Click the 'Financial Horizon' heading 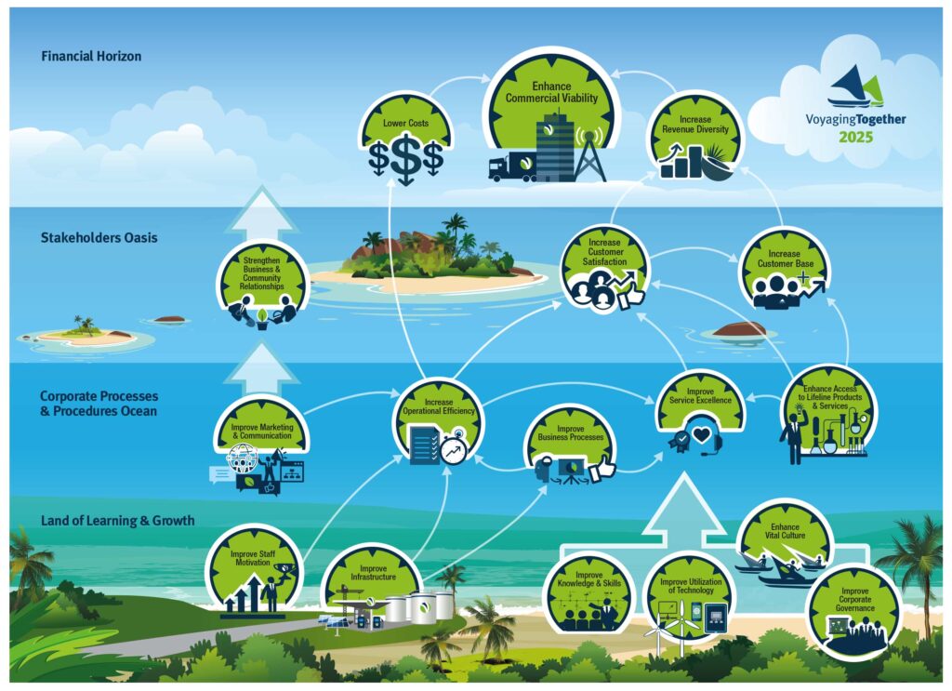click(91, 57)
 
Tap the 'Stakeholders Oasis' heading click(99, 238)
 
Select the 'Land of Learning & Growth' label click(118, 521)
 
